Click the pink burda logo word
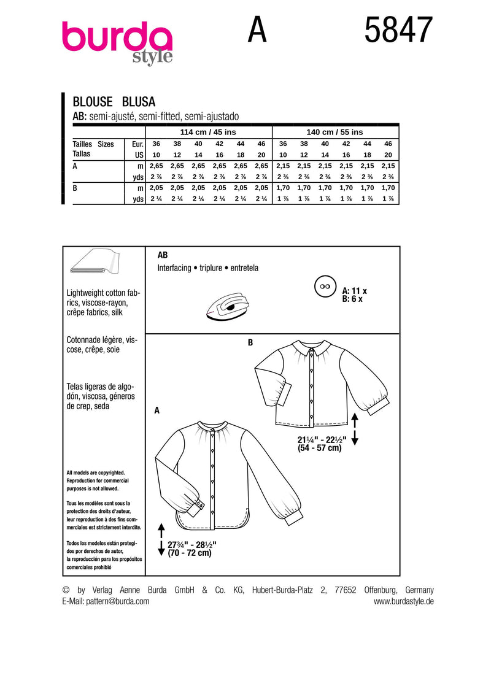click(117, 37)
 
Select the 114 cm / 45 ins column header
click(208, 132)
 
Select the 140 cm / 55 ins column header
click(334, 132)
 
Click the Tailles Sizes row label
click(93, 144)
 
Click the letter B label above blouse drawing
click(250, 342)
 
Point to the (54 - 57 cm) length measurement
click(317, 448)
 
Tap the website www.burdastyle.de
click(403, 601)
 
